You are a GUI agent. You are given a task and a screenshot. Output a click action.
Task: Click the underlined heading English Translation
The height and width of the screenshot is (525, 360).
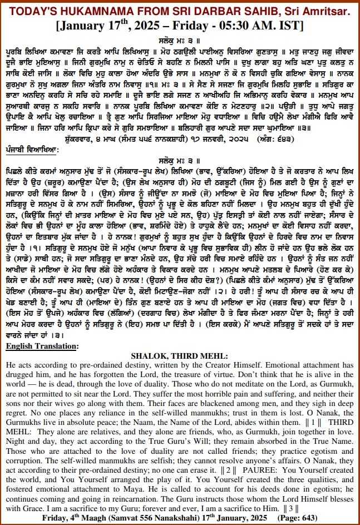pyautogui.click(x=42, y=346)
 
